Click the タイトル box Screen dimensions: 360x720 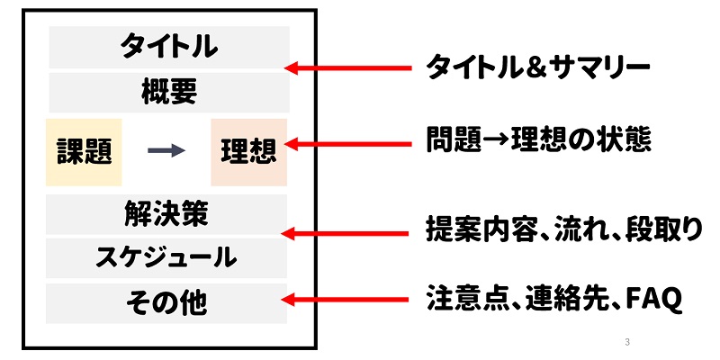pos(169,46)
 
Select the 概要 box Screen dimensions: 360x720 pos(169,92)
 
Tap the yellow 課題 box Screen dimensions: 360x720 pos(84,150)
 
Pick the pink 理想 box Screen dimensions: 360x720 pos(248,150)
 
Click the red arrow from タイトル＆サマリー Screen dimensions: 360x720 pos(346,67)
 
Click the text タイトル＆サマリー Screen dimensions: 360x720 pos(537,67)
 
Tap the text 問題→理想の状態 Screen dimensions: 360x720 pos(537,142)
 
